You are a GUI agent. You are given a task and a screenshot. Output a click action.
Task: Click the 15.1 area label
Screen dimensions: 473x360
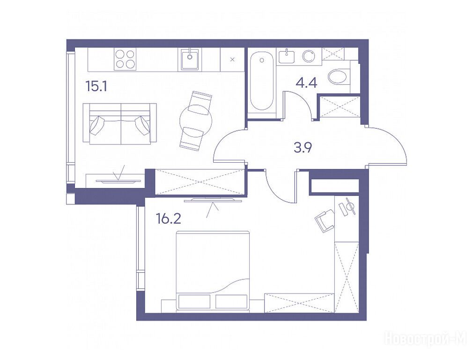pyautogui.click(x=96, y=87)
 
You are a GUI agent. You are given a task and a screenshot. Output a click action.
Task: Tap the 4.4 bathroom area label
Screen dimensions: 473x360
pyautogui.click(x=306, y=82)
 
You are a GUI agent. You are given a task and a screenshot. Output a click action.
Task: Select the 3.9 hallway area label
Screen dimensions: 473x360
pyautogui.click(x=303, y=148)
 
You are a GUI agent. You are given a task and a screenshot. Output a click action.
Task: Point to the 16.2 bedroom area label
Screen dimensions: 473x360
pyautogui.click(x=169, y=218)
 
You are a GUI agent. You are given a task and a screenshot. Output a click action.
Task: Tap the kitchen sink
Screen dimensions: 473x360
pyautogui.click(x=190, y=59)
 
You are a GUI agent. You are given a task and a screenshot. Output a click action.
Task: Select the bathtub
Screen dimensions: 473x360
pyautogui.click(x=261, y=82)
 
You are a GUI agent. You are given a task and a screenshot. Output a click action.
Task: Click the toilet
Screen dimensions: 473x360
pyautogui.click(x=339, y=76)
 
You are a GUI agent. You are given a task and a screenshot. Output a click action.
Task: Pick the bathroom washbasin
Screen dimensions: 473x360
pyautogui.click(x=287, y=56)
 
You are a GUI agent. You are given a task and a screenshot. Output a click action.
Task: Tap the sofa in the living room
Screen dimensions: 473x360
pyautogui.click(x=119, y=124)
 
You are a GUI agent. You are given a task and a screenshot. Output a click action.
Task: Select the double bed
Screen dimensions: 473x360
pyautogui.click(x=213, y=271)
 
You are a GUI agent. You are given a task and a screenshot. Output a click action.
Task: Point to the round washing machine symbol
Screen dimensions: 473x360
pyautogui.click(x=309, y=56)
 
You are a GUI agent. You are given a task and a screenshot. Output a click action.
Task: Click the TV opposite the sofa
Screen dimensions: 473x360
pyautogui.click(x=118, y=181)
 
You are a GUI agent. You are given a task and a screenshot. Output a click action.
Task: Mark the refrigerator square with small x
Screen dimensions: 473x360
pyautogui.click(x=232, y=60)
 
